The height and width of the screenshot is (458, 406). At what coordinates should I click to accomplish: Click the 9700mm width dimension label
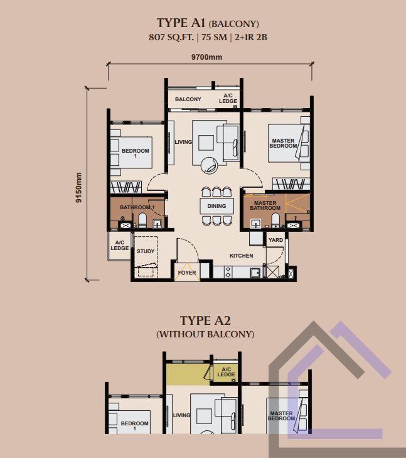(x=206, y=57)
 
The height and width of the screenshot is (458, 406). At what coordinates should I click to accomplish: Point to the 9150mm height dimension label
(x=78, y=187)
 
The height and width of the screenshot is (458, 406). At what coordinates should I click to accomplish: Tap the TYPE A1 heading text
(x=181, y=23)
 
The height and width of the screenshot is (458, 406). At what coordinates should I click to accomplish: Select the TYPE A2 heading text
(x=205, y=320)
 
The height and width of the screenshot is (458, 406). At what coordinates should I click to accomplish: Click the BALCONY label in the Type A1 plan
(x=188, y=99)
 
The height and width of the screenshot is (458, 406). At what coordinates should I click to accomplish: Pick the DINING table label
(x=216, y=206)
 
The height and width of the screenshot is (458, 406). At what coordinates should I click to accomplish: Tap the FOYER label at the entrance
(x=187, y=273)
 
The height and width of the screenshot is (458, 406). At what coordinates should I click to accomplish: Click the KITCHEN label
(x=241, y=256)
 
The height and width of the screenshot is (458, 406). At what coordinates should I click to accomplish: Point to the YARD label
(x=275, y=240)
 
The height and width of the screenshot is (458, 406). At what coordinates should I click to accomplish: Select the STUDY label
(x=146, y=251)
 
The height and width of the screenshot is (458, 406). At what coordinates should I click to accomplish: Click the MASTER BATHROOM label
(x=265, y=205)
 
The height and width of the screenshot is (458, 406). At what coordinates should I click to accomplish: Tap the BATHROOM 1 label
(x=137, y=207)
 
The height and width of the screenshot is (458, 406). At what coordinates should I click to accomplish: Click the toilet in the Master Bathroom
(x=275, y=220)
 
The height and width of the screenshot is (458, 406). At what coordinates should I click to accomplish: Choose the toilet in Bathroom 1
(x=142, y=220)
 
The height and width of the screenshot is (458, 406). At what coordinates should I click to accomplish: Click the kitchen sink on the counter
(x=255, y=273)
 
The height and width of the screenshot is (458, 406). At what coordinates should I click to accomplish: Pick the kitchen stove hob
(x=228, y=272)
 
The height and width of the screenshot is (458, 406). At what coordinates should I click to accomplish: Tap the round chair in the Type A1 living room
(x=209, y=166)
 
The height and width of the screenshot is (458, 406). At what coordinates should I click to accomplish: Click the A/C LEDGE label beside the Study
(x=120, y=246)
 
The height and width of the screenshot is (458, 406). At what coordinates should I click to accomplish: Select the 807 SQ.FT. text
(x=171, y=38)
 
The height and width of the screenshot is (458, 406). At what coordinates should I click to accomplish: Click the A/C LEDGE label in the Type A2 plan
(x=227, y=372)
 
